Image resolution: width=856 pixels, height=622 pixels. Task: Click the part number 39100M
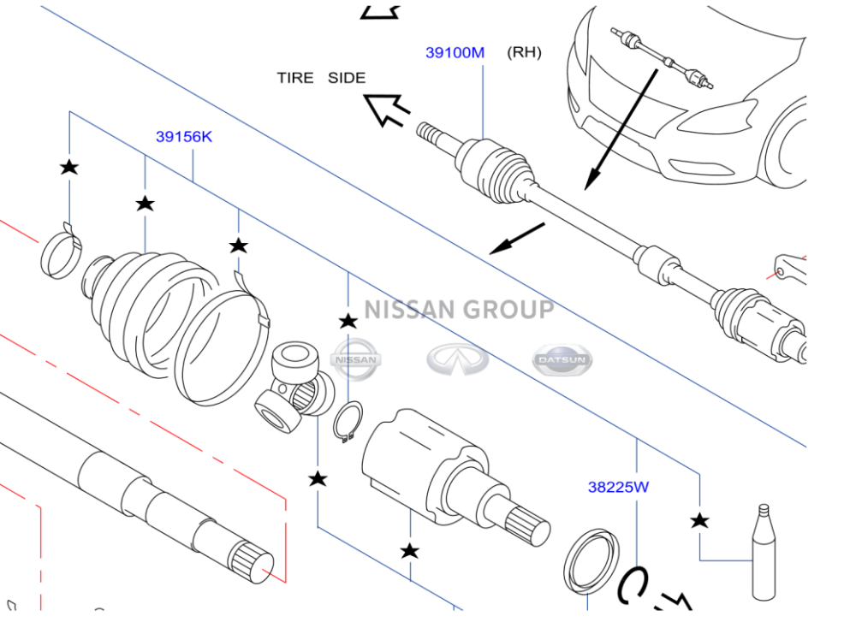click(x=455, y=53)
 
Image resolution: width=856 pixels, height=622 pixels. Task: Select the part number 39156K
click(x=184, y=136)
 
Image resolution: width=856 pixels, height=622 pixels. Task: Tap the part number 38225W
click(x=618, y=488)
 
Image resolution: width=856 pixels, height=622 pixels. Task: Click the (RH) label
click(x=524, y=52)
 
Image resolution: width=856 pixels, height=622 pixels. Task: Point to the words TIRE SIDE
click(x=321, y=78)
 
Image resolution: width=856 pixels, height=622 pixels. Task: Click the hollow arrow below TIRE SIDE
click(x=387, y=110)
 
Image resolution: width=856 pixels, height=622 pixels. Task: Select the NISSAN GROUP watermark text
click(x=459, y=309)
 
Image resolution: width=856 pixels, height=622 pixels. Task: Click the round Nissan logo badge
click(x=355, y=360)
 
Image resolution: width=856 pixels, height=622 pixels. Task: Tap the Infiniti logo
click(x=458, y=360)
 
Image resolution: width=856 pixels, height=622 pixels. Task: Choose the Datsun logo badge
click(x=562, y=361)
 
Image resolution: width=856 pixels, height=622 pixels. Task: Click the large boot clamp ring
click(x=220, y=347)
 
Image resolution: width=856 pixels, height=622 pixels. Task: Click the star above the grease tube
click(x=700, y=520)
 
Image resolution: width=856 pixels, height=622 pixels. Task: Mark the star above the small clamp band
click(x=68, y=167)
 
